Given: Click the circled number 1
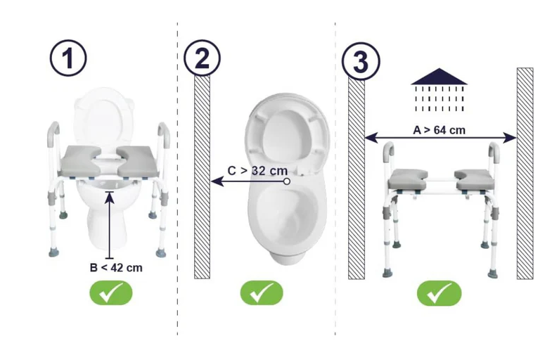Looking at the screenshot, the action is (68, 58).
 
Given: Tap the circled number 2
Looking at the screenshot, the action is (202, 58).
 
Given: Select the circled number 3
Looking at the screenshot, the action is (361, 61).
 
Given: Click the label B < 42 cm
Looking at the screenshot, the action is (116, 268).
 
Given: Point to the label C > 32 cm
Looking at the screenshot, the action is (257, 171).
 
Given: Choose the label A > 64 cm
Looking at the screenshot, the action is (439, 130).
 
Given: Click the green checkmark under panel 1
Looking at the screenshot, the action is (111, 292).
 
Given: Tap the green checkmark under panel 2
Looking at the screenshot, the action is (262, 292).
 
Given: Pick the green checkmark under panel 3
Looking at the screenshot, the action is (439, 293).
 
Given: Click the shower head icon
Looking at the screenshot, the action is (439, 89).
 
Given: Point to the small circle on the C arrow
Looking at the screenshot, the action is (287, 181).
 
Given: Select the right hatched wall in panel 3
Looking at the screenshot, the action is (525, 174).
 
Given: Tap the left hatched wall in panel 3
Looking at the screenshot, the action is (357, 179).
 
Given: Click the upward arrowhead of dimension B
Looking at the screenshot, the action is (110, 197).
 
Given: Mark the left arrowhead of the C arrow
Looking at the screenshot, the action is (217, 181).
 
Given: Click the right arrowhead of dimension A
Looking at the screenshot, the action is (510, 138).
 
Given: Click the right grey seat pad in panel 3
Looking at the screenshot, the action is (472, 179).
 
